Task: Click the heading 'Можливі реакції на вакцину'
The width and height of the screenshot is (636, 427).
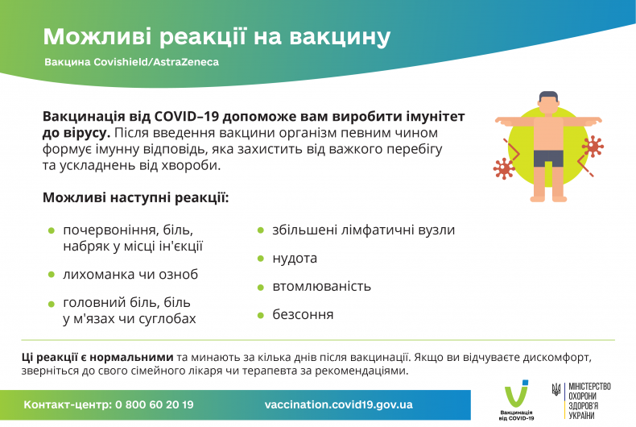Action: (x=217, y=36)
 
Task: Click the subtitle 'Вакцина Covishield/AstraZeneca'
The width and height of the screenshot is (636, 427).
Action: (x=131, y=61)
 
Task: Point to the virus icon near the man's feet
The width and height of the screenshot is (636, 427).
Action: (x=505, y=168)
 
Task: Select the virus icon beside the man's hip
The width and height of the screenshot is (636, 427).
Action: (x=592, y=146)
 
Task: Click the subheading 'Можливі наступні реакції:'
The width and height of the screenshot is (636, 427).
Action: (x=135, y=197)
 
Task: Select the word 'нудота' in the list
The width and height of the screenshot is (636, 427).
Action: (x=295, y=259)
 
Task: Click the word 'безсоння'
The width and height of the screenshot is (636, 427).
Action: (x=303, y=315)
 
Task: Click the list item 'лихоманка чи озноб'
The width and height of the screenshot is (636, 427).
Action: (x=130, y=275)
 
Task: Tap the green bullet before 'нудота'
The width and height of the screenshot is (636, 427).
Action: (x=260, y=259)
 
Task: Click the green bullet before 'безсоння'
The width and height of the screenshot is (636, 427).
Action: (x=260, y=315)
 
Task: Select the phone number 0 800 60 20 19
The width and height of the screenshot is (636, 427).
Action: (x=154, y=404)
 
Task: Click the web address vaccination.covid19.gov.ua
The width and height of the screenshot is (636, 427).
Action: (x=338, y=404)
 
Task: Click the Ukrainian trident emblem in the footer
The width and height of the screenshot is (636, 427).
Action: (x=556, y=391)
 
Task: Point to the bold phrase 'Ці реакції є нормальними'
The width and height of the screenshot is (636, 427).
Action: (x=97, y=357)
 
